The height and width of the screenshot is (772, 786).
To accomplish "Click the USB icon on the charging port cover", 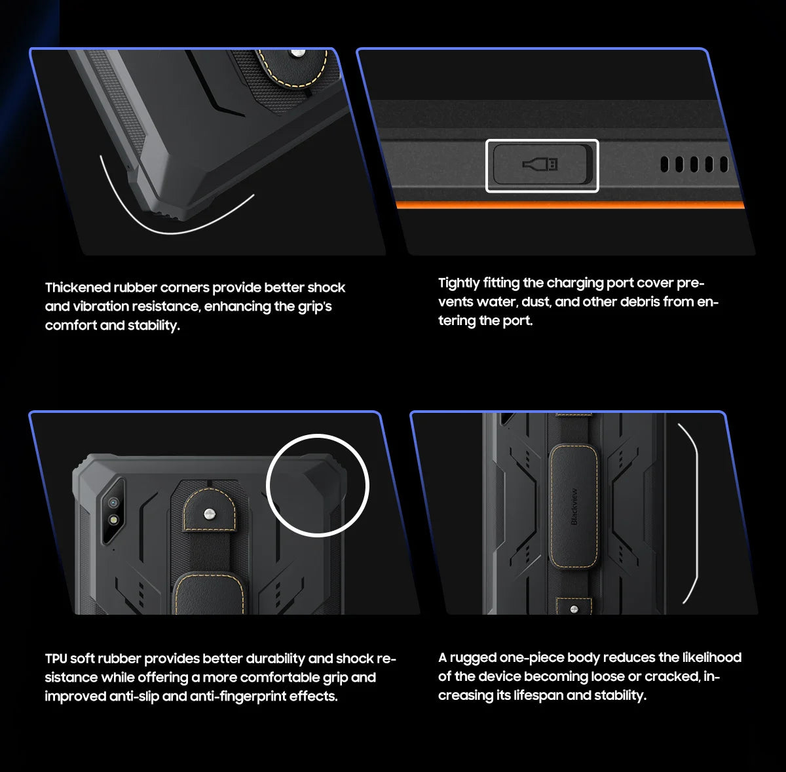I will coord(540,164).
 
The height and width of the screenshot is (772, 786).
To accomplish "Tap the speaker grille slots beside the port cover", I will coord(694,164).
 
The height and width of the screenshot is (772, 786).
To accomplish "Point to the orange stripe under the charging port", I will coord(570,205).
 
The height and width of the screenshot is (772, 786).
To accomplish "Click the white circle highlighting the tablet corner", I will coord(318,485).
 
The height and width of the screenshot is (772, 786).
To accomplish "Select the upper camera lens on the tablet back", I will coord(114,502).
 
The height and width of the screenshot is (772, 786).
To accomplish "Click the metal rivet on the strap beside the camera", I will coord(209,513).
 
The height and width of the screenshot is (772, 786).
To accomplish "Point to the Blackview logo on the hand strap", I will coord(574,506).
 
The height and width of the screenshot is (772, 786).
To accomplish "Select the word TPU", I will coord(56,659).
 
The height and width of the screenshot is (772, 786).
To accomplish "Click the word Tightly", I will coord(458,283).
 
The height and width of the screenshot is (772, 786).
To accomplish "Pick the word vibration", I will coord(101,307).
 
